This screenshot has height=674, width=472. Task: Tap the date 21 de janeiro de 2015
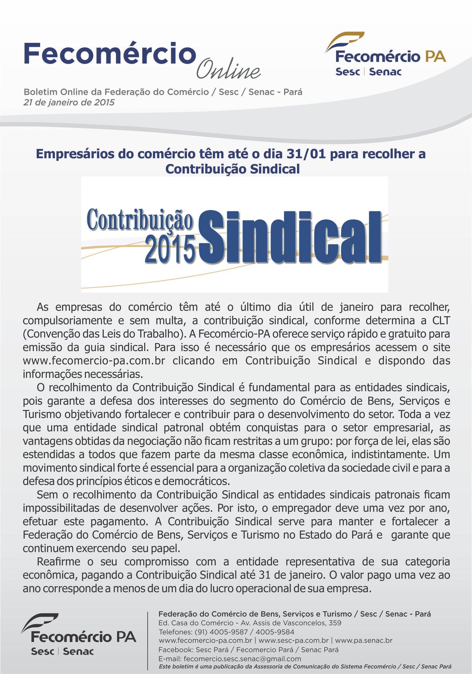[69, 102]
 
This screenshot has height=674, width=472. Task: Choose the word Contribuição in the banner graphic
[140, 219]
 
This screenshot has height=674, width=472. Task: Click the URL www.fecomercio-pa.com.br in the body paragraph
[94, 360]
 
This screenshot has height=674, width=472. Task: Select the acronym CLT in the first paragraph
[441, 320]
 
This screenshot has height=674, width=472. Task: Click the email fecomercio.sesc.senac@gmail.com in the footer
[242, 659]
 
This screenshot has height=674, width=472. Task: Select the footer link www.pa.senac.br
[363, 641]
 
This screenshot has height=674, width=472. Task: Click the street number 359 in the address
[335, 623]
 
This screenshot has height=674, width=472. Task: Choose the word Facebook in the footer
[175, 649]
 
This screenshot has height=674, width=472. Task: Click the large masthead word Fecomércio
[110, 54]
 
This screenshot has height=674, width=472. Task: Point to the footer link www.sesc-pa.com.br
[293, 641]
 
